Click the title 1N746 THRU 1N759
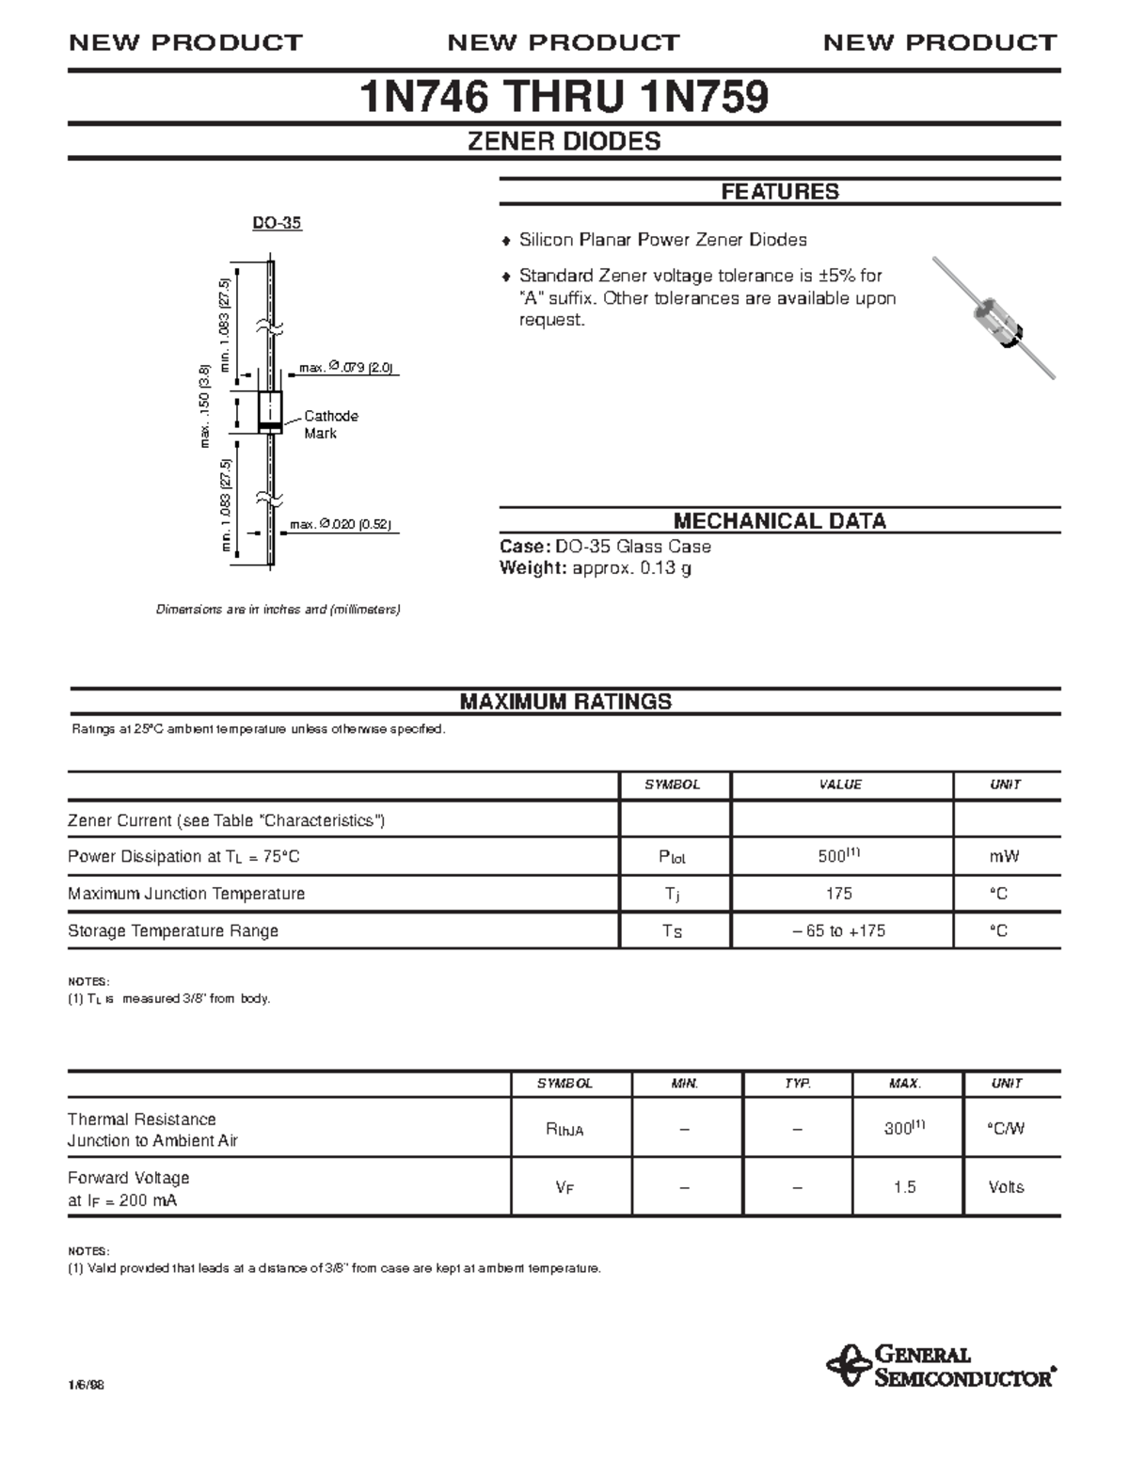pos(564,97)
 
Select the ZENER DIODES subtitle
pos(564,142)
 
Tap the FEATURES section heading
pos(779,192)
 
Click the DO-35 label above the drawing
pos(277,223)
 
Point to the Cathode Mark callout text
pos(330,424)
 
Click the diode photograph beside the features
pos(994,317)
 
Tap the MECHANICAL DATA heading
pos(779,521)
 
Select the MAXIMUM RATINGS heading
pos(564,702)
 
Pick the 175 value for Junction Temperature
pos(838,894)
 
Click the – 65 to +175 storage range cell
pos(838,931)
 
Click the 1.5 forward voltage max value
pos(904,1187)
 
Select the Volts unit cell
pos(1006,1187)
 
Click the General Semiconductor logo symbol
pos(848,1366)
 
